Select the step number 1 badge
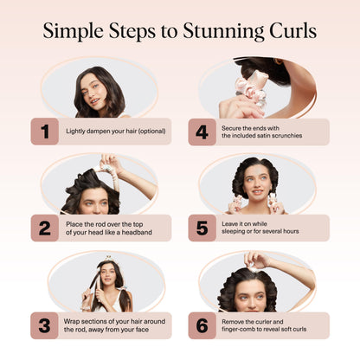43,132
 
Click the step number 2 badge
43,228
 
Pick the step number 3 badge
43,325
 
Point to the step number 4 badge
201,132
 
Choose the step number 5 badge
201,228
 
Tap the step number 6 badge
201,325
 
